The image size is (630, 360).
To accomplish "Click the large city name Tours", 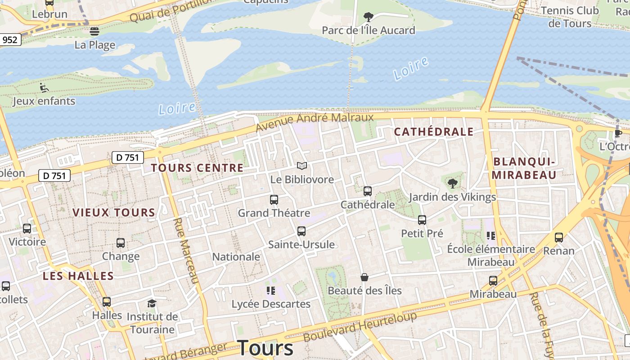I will (x=265, y=348).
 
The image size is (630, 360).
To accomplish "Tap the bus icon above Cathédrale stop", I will (x=367, y=191).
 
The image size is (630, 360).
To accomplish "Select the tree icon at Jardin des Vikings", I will (x=452, y=183).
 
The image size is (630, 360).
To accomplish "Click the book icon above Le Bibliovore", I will (x=302, y=166).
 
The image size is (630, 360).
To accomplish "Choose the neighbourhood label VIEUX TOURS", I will (x=113, y=212).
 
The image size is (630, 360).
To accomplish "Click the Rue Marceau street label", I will (x=186, y=250).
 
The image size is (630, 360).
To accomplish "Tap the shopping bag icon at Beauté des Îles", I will (x=364, y=277).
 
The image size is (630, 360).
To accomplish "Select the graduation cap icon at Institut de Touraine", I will (x=152, y=303).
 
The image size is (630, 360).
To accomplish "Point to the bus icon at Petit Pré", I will (x=422, y=220).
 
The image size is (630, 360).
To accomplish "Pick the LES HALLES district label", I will (x=78, y=276).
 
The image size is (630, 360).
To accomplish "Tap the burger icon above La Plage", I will (x=94, y=31).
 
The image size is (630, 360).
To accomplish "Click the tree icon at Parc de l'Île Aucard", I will (x=368, y=18).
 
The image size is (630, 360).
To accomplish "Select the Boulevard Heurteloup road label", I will (x=360, y=326).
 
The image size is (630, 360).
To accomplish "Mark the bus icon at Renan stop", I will (x=558, y=237).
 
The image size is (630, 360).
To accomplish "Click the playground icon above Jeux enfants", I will (x=44, y=87).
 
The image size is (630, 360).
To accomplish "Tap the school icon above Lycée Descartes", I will (x=270, y=290).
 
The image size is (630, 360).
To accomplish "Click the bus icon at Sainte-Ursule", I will (x=301, y=231).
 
